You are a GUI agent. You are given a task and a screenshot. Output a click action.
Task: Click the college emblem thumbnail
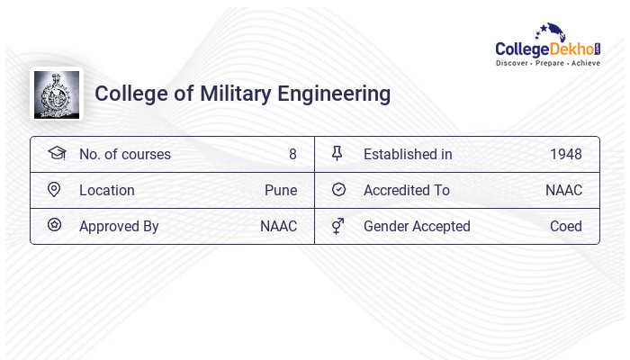pos(56,94)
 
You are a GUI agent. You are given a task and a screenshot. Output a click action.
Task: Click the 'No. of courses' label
pos(124,154)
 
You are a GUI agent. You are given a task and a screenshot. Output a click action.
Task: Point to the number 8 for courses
pos(292,154)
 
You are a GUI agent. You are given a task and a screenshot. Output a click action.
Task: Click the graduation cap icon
pos(56,153)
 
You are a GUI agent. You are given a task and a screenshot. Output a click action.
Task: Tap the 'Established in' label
pos(408,154)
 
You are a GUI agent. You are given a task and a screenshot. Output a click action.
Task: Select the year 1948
pos(566,154)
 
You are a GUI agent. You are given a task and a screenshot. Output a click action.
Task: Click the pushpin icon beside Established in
pos(337,154)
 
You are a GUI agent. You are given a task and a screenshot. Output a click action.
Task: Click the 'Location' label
pos(106,190)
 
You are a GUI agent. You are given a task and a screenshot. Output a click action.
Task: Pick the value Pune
pos(280,190)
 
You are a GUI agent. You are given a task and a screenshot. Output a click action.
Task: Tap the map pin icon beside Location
pos(54,190)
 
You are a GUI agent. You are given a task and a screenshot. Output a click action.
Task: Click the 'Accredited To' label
pos(406,190)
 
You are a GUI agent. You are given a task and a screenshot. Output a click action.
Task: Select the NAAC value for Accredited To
pos(563,190)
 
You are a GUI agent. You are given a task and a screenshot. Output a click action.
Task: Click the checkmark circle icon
pos(338,190)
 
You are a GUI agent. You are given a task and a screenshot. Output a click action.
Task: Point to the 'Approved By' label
pos(119,226)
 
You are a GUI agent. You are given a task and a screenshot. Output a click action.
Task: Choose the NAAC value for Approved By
pos(278,226)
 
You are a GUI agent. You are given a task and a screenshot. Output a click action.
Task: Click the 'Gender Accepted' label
pos(417,226)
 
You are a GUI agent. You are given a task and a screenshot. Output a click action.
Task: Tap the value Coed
pos(566,226)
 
